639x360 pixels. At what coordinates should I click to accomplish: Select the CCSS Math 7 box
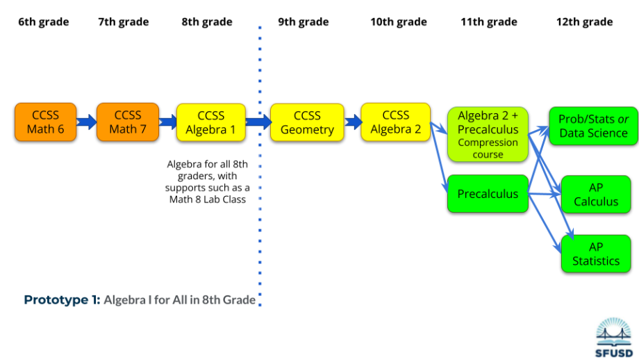click(x=127, y=122)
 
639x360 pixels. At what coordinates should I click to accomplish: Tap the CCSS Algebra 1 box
click(x=210, y=123)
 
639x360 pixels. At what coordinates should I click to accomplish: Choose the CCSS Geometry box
click(x=306, y=123)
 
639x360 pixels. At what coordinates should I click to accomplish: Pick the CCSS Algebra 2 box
click(x=395, y=122)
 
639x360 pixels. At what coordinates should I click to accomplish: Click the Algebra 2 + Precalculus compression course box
click(x=488, y=134)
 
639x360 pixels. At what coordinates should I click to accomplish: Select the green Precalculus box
click(x=488, y=194)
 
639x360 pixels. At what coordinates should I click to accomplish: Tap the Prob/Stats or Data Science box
click(x=592, y=126)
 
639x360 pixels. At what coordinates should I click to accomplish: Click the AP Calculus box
click(x=595, y=195)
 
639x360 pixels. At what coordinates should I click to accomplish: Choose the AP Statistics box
click(x=595, y=254)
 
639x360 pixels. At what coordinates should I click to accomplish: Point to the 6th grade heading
click(x=44, y=22)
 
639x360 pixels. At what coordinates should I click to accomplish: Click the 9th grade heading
click(x=304, y=22)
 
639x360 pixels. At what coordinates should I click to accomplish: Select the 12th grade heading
click(x=584, y=22)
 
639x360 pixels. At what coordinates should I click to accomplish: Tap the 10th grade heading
click(x=398, y=22)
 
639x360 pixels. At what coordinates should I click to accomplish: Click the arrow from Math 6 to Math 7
click(x=87, y=122)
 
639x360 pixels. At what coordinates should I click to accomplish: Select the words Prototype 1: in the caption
click(x=63, y=300)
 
